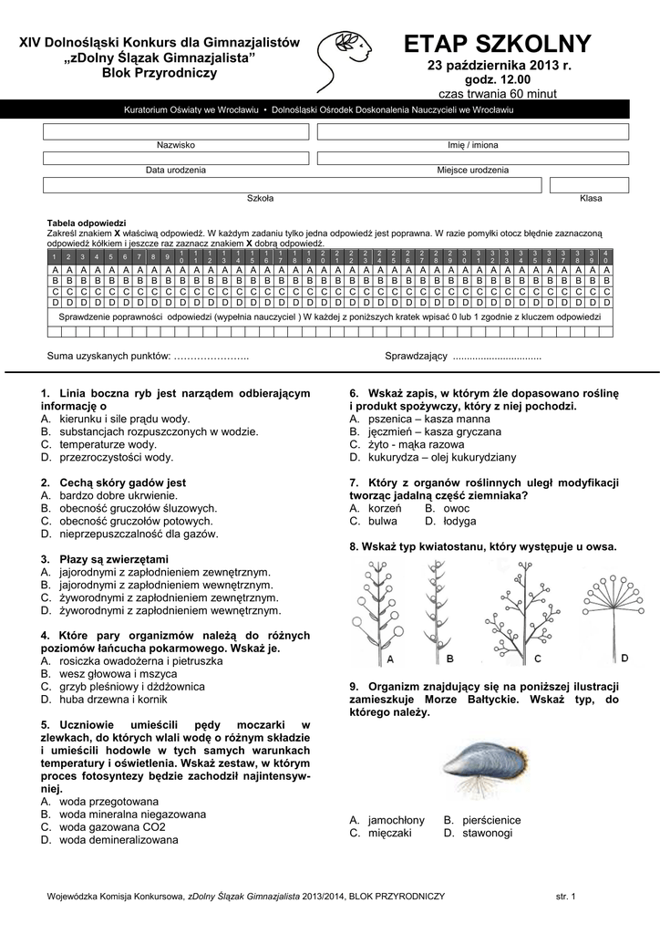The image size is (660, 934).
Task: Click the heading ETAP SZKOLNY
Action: [x=498, y=44]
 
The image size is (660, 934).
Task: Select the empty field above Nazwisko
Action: [x=175, y=132]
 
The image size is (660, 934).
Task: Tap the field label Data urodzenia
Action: [x=176, y=171]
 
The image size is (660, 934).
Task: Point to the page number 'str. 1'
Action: [x=566, y=898]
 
